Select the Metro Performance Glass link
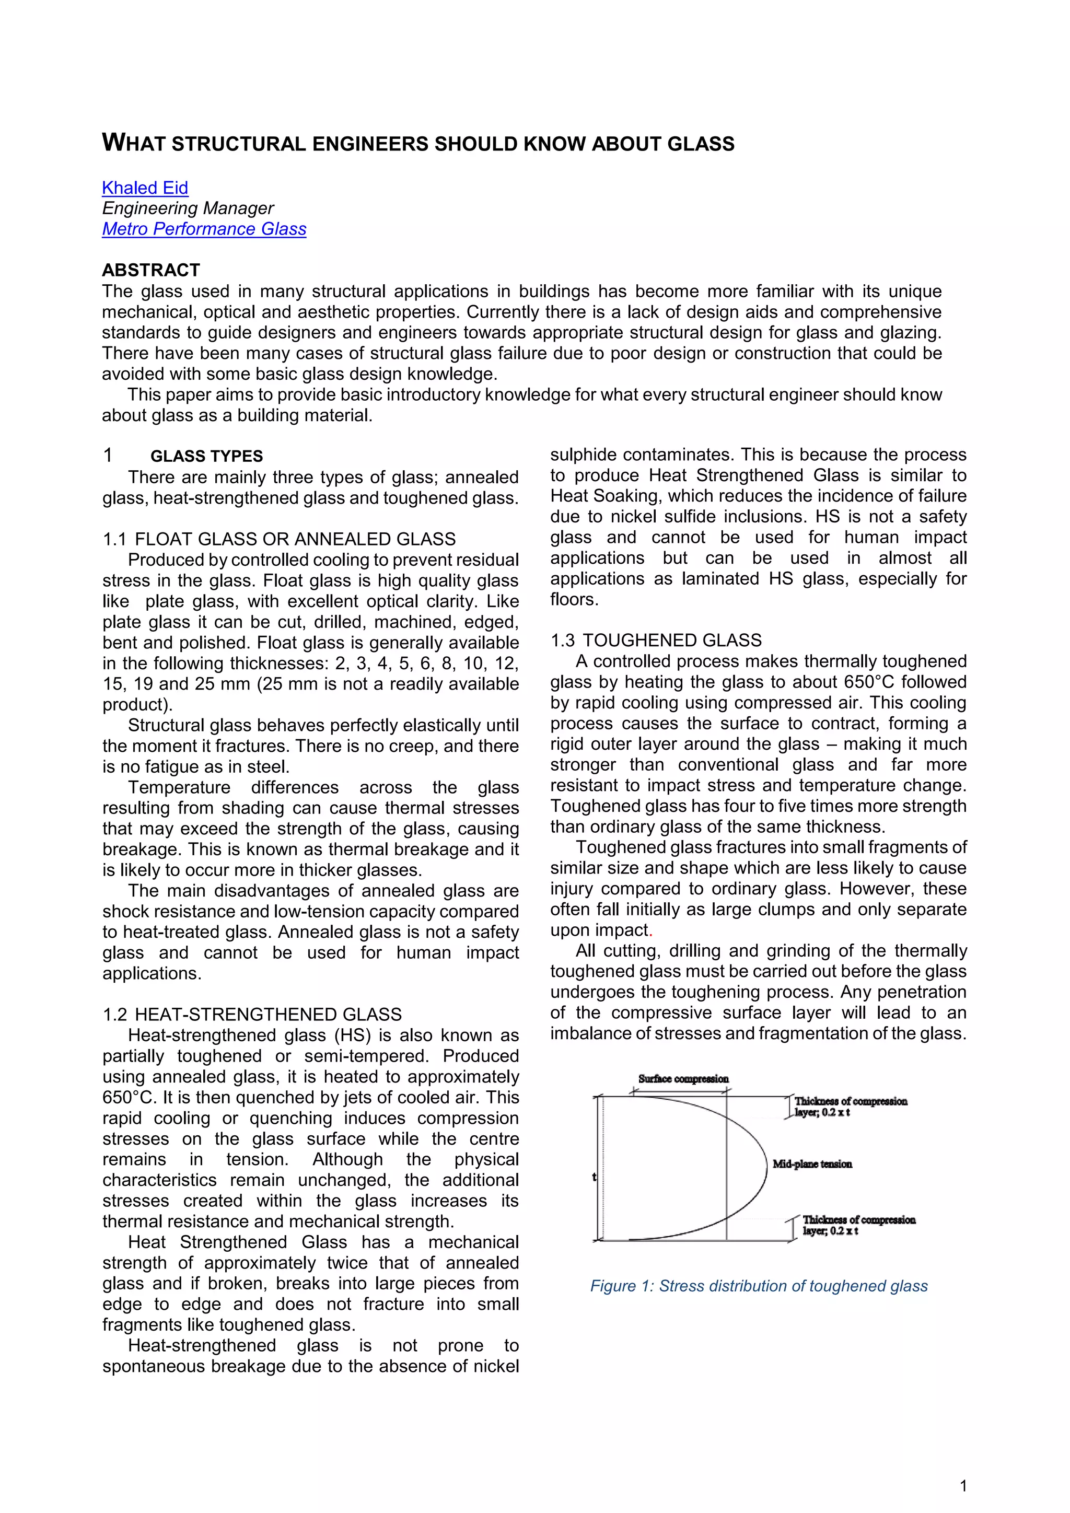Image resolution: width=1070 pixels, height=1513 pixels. point(204,229)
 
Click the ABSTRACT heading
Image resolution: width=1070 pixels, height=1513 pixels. point(151,270)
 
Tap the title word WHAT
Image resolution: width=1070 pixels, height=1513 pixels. point(133,143)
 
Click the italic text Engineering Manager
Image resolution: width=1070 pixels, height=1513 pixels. point(188,208)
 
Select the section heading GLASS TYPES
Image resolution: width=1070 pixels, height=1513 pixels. point(206,456)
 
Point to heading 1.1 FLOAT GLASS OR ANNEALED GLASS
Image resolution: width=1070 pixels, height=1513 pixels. point(278,539)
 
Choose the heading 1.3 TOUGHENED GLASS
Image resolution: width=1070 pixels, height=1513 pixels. point(656,641)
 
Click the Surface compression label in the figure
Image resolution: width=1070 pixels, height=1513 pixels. point(683,1079)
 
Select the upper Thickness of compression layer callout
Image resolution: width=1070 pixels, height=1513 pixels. point(850,1107)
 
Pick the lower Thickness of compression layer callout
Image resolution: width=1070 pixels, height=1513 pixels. point(858,1225)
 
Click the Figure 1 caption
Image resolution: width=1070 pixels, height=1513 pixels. point(759,1286)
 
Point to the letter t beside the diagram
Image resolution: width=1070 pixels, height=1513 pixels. point(594,1176)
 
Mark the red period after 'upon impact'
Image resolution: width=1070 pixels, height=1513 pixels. point(650,933)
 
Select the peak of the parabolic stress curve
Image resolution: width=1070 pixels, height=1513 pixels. point(767,1167)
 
